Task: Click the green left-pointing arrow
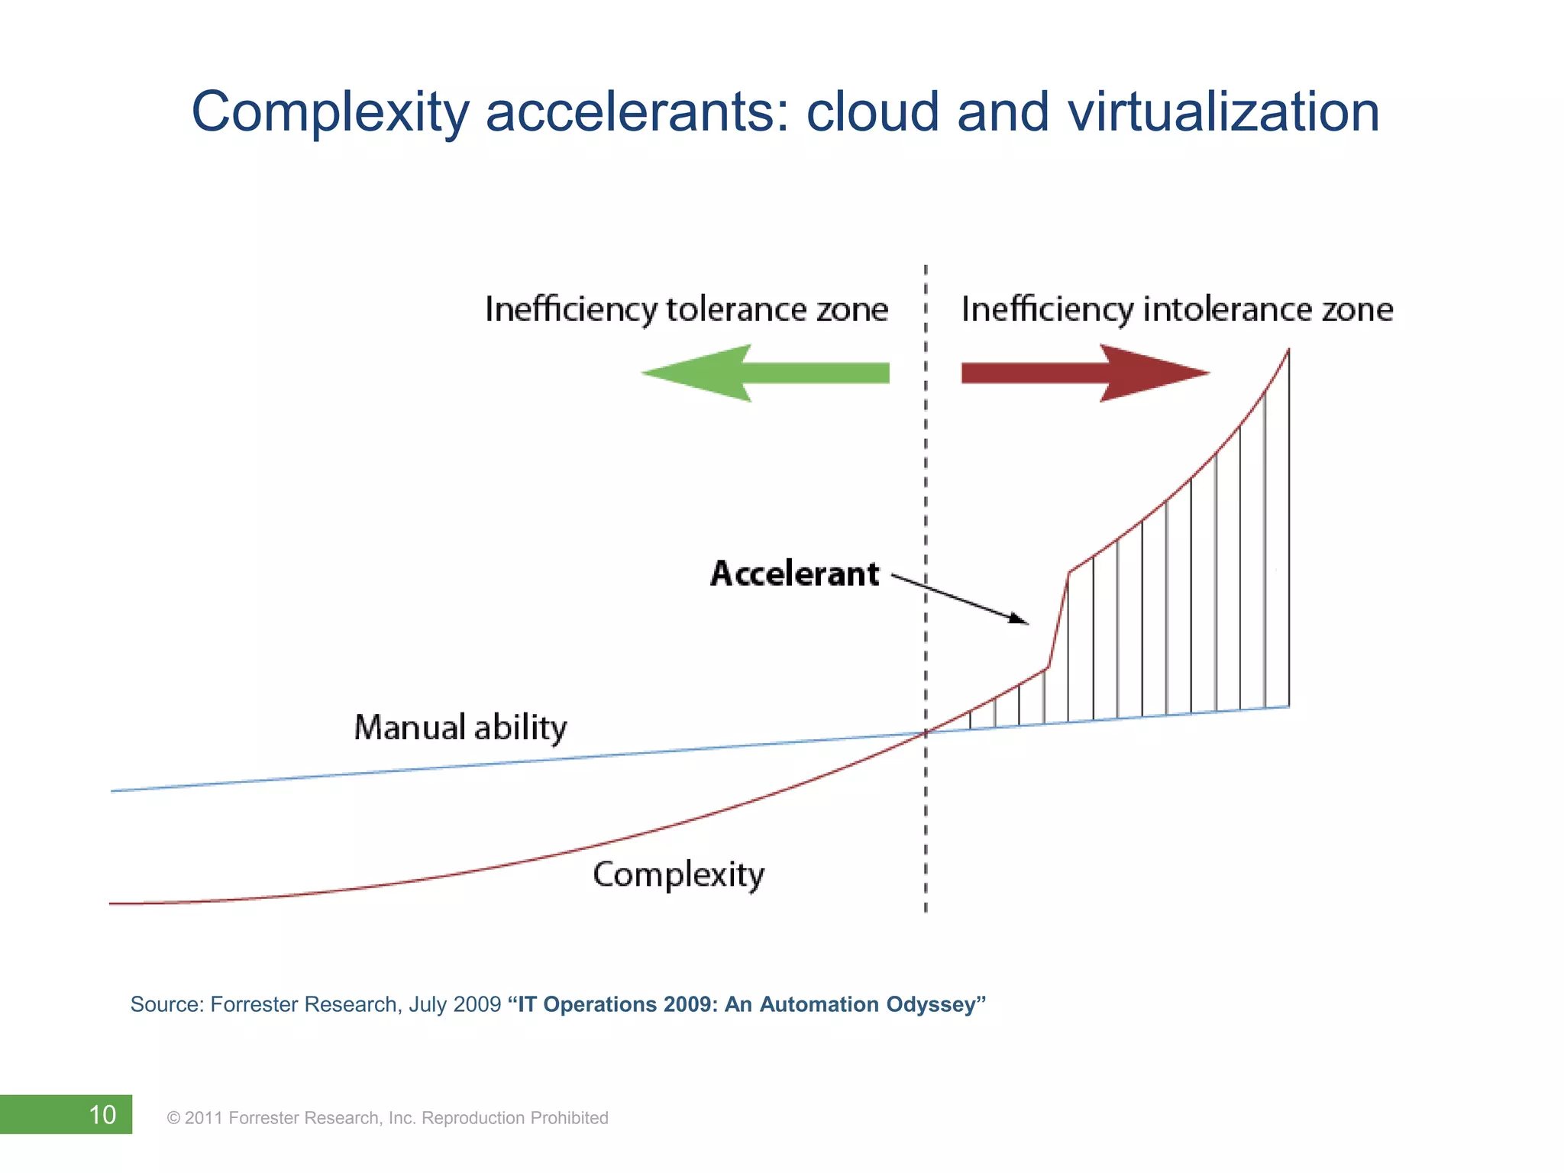(x=764, y=373)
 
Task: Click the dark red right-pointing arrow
(x=1084, y=373)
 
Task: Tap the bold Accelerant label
(x=794, y=574)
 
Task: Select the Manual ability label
(x=460, y=728)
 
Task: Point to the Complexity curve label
(x=678, y=875)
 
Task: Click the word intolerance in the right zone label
(x=1227, y=310)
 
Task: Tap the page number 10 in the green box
(x=102, y=1115)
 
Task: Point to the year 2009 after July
(x=477, y=1004)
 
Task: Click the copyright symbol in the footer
(x=173, y=1119)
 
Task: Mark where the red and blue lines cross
(x=926, y=733)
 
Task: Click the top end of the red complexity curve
(x=1288, y=351)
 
